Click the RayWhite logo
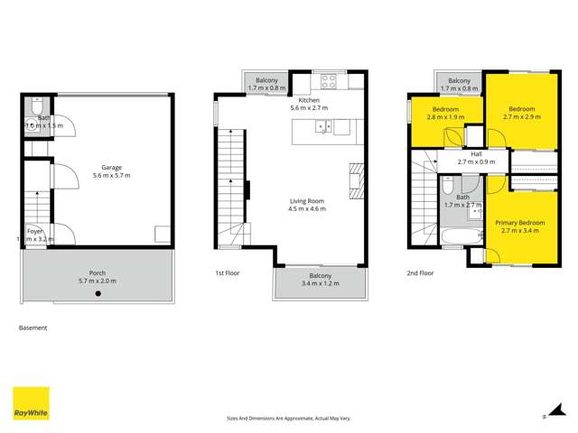coord(30,403)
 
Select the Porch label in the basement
coord(97,276)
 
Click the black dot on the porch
coord(98,293)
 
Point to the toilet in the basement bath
coord(33,107)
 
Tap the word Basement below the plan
coord(33,328)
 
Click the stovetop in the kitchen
coord(330,78)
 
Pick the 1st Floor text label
coord(226,272)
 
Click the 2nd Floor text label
coord(420,272)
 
